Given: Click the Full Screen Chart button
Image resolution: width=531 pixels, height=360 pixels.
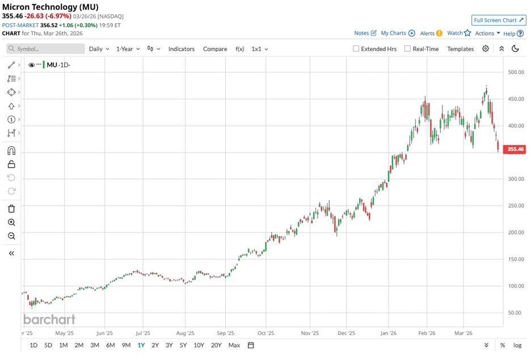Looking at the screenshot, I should click(x=499, y=20).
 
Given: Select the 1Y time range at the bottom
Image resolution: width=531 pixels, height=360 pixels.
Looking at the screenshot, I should click(x=141, y=345).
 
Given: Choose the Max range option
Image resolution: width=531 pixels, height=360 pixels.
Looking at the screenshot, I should click(x=234, y=345).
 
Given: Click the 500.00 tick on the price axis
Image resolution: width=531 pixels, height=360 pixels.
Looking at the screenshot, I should click(x=515, y=72).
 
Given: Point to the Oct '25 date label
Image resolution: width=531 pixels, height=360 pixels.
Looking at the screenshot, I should click(x=265, y=333).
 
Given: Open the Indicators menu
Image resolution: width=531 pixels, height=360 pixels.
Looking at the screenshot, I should click(x=181, y=49).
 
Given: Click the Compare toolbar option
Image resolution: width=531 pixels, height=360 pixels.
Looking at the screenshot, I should click(x=215, y=49).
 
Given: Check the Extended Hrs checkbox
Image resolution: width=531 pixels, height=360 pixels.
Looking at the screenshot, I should click(x=356, y=49).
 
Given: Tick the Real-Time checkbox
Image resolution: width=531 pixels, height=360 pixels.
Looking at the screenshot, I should click(x=407, y=49).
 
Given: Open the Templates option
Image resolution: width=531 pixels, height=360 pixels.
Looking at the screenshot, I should click(x=460, y=49).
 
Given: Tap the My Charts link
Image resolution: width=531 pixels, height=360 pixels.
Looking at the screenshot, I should click(x=397, y=34).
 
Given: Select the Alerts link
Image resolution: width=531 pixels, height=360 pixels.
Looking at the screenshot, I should click(x=431, y=34).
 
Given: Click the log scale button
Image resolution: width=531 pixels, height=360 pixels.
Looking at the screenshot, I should click(x=517, y=345).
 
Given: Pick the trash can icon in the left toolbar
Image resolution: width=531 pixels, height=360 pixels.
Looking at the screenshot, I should click(x=11, y=209).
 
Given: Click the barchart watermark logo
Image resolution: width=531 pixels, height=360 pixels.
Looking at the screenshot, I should click(x=49, y=319).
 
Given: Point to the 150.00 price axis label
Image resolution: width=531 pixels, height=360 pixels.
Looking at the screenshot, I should click(x=515, y=259).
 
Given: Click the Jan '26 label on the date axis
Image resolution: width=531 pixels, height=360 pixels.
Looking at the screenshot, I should click(x=389, y=333).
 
